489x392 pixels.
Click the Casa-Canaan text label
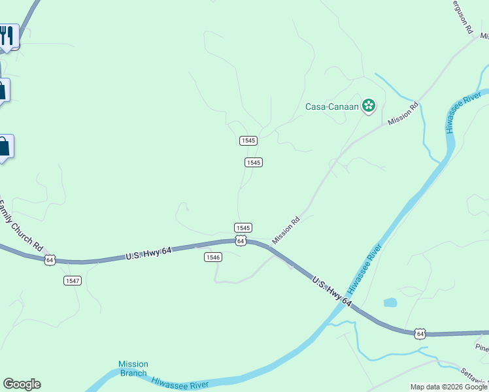(x=333, y=106)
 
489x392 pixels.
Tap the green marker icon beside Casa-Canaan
(x=369, y=105)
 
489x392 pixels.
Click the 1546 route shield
(x=213, y=257)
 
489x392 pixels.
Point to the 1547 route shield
(x=73, y=280)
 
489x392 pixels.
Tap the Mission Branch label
(x=133, y=368)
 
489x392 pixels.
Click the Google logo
(x=22, y=384)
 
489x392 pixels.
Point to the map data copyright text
(x=448, y=387)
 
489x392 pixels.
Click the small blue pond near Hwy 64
(x=390, y=302)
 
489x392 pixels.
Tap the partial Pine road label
(x=482, y=348)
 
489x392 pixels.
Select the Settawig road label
(x=475, y=378)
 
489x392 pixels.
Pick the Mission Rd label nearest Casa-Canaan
(x=403, y=114)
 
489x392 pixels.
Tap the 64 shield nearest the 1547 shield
(x=50, y=260)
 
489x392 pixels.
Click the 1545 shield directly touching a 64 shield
(x=243, y=227)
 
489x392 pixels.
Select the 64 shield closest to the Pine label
(x=420, y=333)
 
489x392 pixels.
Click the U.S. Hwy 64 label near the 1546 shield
(x=148, y=253)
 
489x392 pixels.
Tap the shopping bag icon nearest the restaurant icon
(x=3, y=90)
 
